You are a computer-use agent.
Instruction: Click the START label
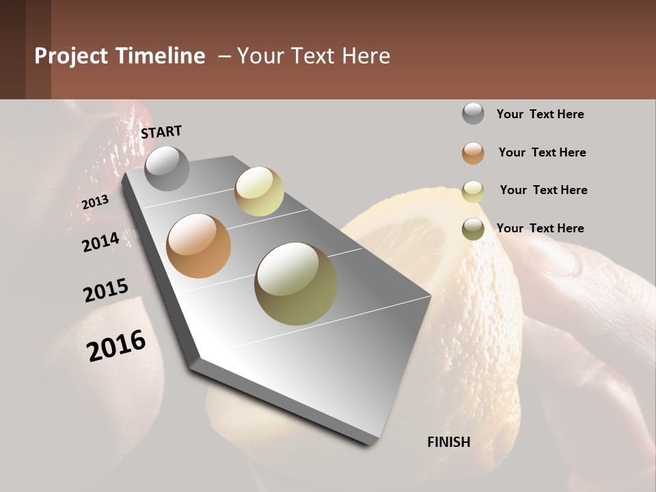point(161,132)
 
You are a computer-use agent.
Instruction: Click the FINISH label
point(448,442)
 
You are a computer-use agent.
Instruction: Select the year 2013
point(95,202)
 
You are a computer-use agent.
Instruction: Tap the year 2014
point(100,242)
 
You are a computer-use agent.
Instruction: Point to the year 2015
point(105,290)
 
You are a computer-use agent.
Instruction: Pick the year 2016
point(116,346)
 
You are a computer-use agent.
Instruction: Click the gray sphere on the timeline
point(167,168)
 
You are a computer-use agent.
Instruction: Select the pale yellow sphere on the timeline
point(259,191)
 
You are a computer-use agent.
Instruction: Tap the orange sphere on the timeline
point(198,246)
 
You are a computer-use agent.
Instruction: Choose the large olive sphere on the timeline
point(296,284)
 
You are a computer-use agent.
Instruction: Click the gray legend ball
point(473,113)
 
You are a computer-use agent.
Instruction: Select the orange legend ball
point(473,153)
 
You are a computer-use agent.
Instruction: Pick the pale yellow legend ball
point(473,191)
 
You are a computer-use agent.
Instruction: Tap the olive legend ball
point(473,230)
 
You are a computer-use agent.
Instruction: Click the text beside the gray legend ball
point(540,114)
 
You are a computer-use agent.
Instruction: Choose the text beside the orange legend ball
point(542,152)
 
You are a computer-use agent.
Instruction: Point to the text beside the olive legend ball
point(540,228)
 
